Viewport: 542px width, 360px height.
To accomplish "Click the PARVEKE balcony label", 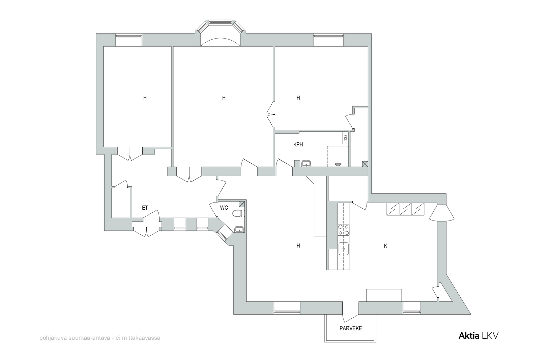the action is [351, 328].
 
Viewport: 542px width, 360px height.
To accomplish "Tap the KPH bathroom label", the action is [298, 144].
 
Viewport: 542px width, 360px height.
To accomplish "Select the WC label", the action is [224, 208].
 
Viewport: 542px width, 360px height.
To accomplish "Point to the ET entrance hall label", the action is [145, 208].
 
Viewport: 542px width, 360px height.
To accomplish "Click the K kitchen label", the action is [385, 246].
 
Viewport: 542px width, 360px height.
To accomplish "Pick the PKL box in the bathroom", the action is [345, 138].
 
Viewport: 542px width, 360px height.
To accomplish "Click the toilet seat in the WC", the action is [238, 214].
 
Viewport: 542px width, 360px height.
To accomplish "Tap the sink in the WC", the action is [239, 229].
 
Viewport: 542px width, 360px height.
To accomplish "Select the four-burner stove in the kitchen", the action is [343, 230].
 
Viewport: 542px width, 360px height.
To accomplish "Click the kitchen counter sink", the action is [343, 249].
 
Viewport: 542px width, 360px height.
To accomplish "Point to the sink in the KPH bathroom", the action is [306, 163].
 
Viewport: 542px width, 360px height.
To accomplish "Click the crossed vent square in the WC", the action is [242, 204].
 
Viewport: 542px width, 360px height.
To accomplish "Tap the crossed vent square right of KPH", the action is [365, 164].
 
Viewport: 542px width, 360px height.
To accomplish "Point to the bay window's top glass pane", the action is [220, 22].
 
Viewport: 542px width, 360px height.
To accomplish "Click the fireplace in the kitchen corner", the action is [442, 213].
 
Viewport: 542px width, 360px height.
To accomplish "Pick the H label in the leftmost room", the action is [145, 98].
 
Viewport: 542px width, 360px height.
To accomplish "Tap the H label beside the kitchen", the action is [298, 246].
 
